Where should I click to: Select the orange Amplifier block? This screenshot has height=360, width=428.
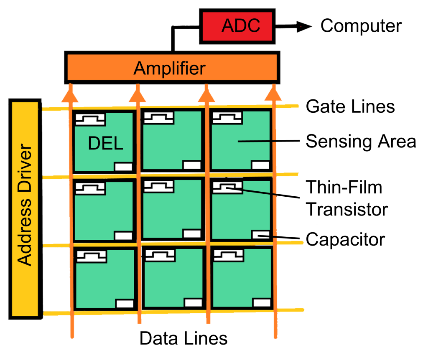(x=171, y=68)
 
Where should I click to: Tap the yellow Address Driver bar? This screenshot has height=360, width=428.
(x=25, y=209)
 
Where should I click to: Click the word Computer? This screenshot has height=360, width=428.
(x=361, y=26)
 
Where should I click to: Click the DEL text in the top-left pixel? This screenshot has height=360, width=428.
(x=106, y=144)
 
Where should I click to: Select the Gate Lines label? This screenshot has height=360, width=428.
(x=350, y=106)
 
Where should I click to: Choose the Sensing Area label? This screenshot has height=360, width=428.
(x=361, y=142)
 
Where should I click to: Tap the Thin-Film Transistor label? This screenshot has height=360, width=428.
(x=346, y=198)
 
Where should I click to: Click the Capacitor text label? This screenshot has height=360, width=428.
(x=345, y=240)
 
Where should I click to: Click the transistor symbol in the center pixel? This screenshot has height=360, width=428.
(x=158, y=186)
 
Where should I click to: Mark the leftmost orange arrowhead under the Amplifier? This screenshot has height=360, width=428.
(x=70, y=95)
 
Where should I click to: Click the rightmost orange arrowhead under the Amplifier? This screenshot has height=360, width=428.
(x=274, y=95)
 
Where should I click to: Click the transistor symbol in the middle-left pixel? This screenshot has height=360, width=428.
(x=90, y=188)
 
